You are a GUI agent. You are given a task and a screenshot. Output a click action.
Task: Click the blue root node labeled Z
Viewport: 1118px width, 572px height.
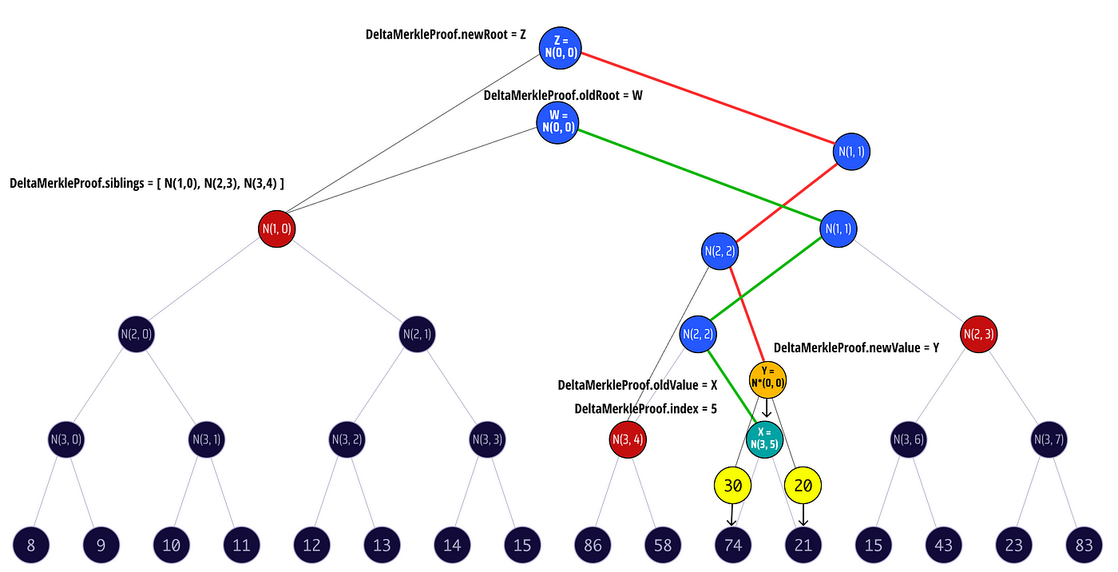[x=561, y=47]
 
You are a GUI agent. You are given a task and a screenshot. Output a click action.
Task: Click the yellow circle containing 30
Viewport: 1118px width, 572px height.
[x=733, y=485]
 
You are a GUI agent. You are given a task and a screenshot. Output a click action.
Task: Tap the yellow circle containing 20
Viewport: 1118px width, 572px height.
[x=803, y=485]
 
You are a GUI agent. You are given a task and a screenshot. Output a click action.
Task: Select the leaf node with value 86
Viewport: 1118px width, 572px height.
[x=593, y=546]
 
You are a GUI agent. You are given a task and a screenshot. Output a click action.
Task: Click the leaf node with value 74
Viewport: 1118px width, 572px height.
[x=733, y=546]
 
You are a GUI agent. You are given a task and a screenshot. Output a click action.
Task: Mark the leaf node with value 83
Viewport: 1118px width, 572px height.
[x=1084, y=546]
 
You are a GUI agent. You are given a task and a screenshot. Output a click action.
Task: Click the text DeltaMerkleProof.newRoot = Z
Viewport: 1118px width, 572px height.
[x=445, y=34]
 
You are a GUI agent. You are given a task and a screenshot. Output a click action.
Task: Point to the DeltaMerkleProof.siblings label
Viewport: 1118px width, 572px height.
[x=147, y=184]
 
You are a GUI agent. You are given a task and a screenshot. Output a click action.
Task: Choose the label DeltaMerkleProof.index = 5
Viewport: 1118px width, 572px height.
[x=645, y=409]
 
